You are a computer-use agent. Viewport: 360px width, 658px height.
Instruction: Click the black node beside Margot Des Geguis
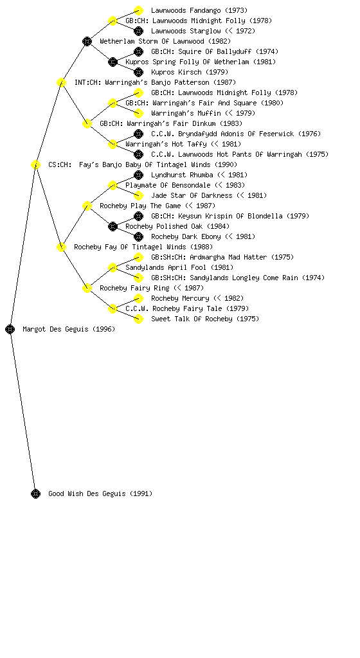10,330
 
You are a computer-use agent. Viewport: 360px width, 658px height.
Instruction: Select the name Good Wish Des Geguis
87,493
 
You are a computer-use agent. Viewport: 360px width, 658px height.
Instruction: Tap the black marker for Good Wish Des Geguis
35,494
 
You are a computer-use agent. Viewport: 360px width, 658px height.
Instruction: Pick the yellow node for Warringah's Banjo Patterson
61,83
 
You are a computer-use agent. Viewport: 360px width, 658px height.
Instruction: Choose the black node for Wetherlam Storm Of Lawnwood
87,42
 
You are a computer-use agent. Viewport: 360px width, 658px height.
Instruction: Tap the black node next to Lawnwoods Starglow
138,31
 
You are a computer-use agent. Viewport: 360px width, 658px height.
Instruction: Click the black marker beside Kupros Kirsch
138,72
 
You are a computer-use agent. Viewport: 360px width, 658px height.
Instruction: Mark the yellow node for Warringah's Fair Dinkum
87,124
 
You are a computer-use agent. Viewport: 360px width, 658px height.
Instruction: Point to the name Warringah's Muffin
186,113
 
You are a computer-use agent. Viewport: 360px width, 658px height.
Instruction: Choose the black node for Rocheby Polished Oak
113,227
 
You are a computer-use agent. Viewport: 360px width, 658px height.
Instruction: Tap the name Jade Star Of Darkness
192,195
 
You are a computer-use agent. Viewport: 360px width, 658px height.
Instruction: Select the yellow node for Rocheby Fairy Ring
87,289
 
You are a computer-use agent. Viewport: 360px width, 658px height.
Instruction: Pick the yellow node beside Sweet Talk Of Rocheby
138,319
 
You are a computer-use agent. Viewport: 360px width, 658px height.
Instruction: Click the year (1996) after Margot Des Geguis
104,329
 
